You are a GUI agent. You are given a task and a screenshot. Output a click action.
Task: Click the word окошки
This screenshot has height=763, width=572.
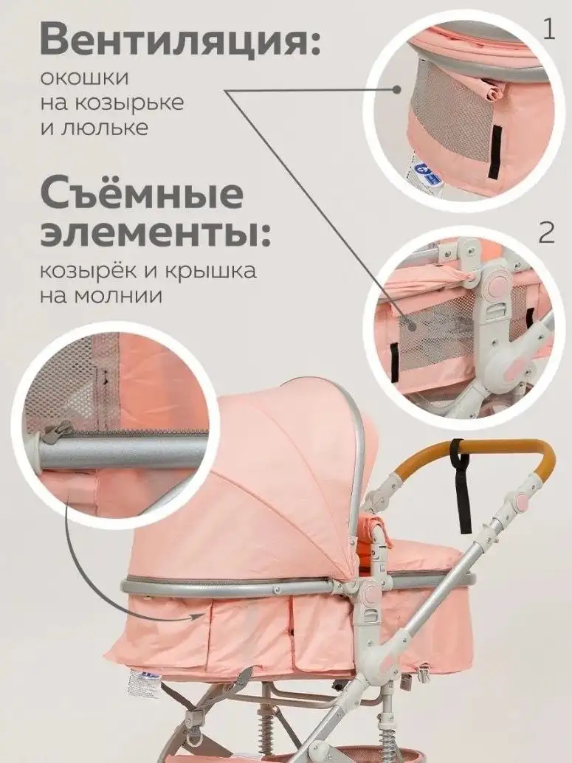(x=86, y=77)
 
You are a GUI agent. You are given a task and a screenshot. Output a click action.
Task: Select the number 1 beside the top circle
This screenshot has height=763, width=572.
(x=548, y=30)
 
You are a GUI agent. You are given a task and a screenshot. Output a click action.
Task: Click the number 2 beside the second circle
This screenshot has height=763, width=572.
(x=546, y=232)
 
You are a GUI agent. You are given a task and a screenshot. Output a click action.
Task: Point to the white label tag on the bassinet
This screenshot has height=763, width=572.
(x=142, y=683)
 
